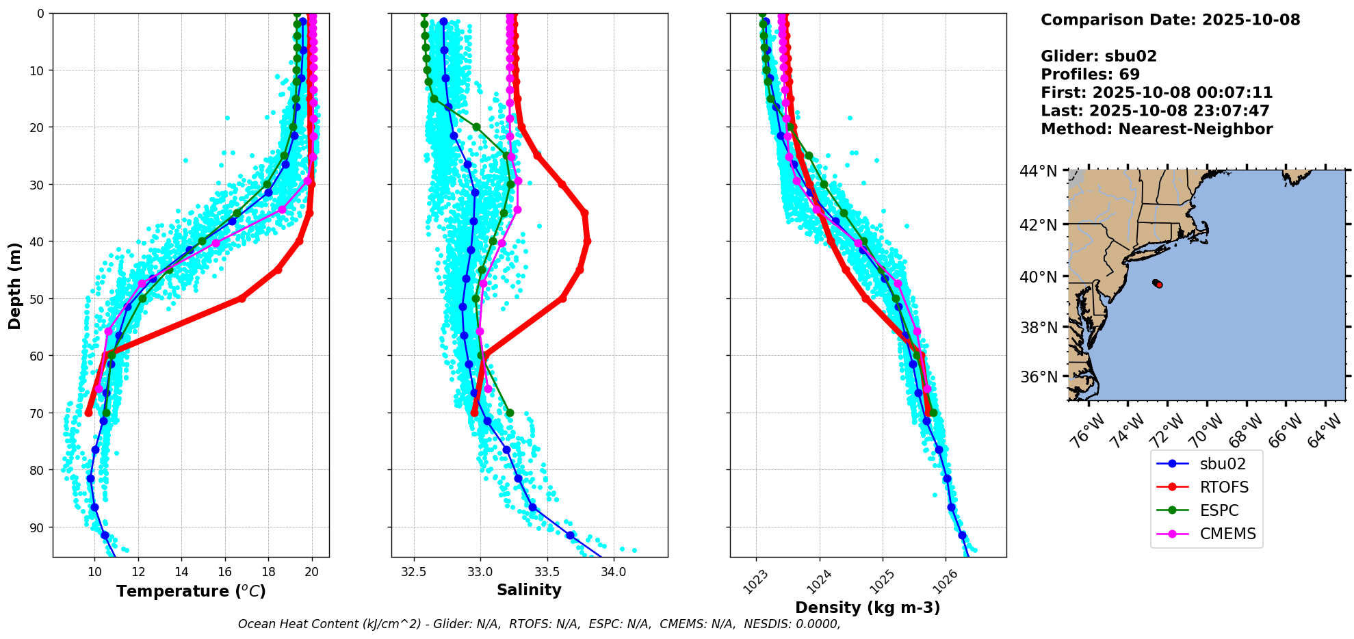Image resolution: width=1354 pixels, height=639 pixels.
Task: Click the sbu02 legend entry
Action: (x=1222, y=464)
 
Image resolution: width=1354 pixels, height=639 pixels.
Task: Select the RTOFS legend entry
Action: (x=1224, y=487)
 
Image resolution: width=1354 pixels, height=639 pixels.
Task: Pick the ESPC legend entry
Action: (x=1219, y=510)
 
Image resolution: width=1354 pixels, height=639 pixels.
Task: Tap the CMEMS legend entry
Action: (x=1227, y=534)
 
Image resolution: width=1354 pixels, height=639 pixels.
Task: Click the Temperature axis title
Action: (x=191, y=591)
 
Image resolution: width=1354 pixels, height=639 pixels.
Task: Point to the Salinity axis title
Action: (x=529, y=590)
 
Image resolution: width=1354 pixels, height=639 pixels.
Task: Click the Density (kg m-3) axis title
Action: (x=868, y=608)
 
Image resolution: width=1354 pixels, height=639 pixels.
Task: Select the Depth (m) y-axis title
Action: (x=14, y=285)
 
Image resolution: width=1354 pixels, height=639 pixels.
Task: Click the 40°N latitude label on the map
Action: (x=1039, y=277)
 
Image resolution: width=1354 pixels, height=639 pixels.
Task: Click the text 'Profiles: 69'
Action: (x=1090, y=75)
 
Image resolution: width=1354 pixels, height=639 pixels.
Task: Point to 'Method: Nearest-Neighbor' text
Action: (x=1156, y=129)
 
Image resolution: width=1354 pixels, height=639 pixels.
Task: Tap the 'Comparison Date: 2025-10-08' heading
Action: (x=1170, y=20)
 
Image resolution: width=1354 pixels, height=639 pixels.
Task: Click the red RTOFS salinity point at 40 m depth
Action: (x=587, y=241)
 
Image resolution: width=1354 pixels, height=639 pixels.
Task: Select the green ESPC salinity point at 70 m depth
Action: (x=510, y=413)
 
